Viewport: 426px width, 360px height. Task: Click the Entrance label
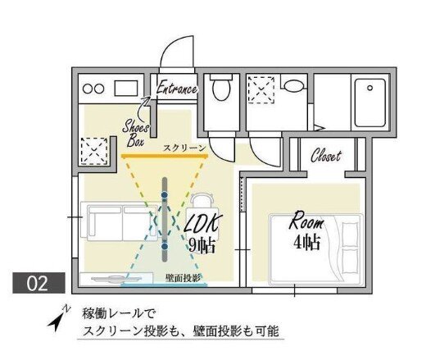pyautogui.click(x=177, y=88)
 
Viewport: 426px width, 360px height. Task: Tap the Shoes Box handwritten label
pyautogui.click(x=136, y=133)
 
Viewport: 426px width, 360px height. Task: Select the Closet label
pyautogui.click(x=326, y=155)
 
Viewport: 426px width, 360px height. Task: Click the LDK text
pyautogui.click(x=202, y=225)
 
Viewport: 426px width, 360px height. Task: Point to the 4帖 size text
pyautogui.click(x=306, y=242)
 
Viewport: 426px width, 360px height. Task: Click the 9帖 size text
pyautogui.click(x=202, y=245)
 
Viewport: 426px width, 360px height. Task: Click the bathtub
pyautogui.click(x=370, y=103)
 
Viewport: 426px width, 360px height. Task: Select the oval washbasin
pyautogui.click(x=294, y=86)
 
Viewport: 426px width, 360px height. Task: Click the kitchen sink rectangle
pyautogui.click(x=126, y=88)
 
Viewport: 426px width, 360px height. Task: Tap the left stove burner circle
pyautogui.click(x=88, y=89)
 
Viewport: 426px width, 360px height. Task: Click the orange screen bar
pyautogui.click(x=165, y=157)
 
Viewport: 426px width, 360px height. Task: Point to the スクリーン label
pyautogui.click(x=184, y=148)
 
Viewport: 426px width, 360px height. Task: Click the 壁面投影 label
pyautogui.click(x=183, y=278)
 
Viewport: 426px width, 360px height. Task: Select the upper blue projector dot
pyautogui.click(x=165, y=194)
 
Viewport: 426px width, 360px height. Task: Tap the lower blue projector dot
pyautogui.click(x=165, y=247)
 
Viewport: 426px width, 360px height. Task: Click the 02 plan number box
pyautogui.click(x=39, y=283)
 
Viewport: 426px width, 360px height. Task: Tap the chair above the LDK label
pyautogui.click(x=202, y=201)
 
